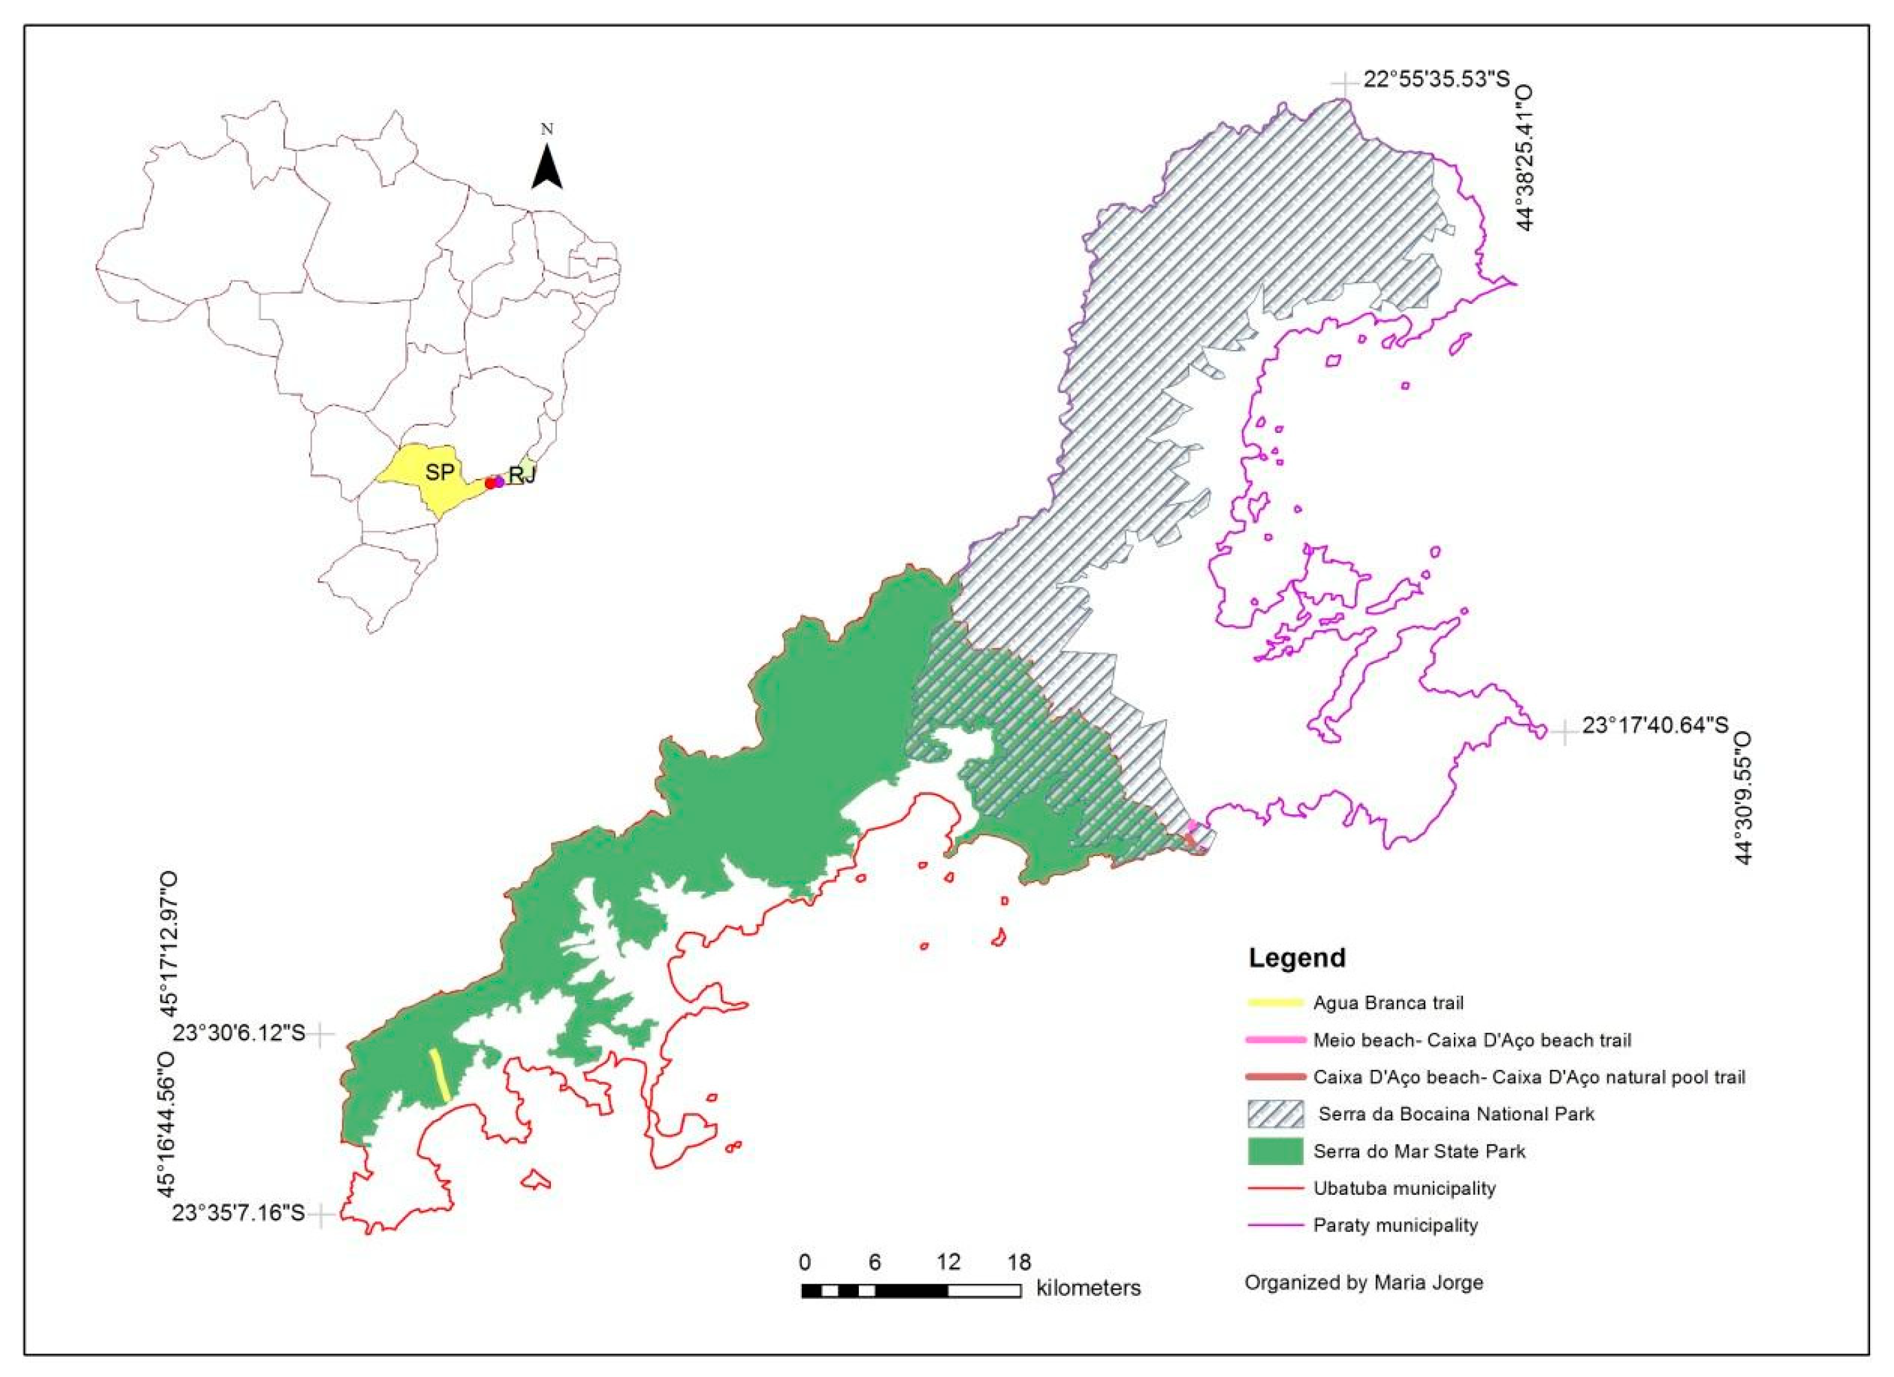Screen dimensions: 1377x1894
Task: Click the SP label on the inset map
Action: coord(439,472)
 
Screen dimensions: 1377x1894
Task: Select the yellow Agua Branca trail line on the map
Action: coord(439,1076)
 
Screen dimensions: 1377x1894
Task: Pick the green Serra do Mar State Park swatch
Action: coord(1274,1151)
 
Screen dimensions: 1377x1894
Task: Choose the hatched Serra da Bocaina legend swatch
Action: coord(1274,1113)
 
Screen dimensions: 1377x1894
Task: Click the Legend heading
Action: coord(1296,957)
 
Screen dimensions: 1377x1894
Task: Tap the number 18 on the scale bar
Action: coord(1019,1262)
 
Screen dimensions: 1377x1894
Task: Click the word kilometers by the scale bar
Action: coord(1088,1288)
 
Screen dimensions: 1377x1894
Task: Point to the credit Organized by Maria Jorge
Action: coord(1364,1282)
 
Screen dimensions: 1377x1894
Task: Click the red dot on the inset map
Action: coord(490,483)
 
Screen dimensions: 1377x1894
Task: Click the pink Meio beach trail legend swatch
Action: coord(1274,1039)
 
